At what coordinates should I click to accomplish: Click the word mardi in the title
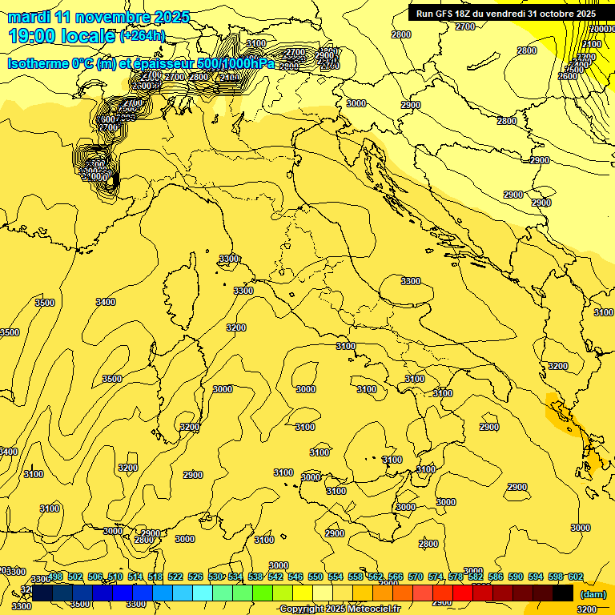[27, 17]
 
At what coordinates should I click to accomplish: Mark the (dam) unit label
[593, 594]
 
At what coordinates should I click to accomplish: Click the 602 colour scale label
[575, 577]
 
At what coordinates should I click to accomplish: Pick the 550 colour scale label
[316, 577]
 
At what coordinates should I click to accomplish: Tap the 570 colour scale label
[416, 577]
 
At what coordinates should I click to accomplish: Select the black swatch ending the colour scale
[563, 593]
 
